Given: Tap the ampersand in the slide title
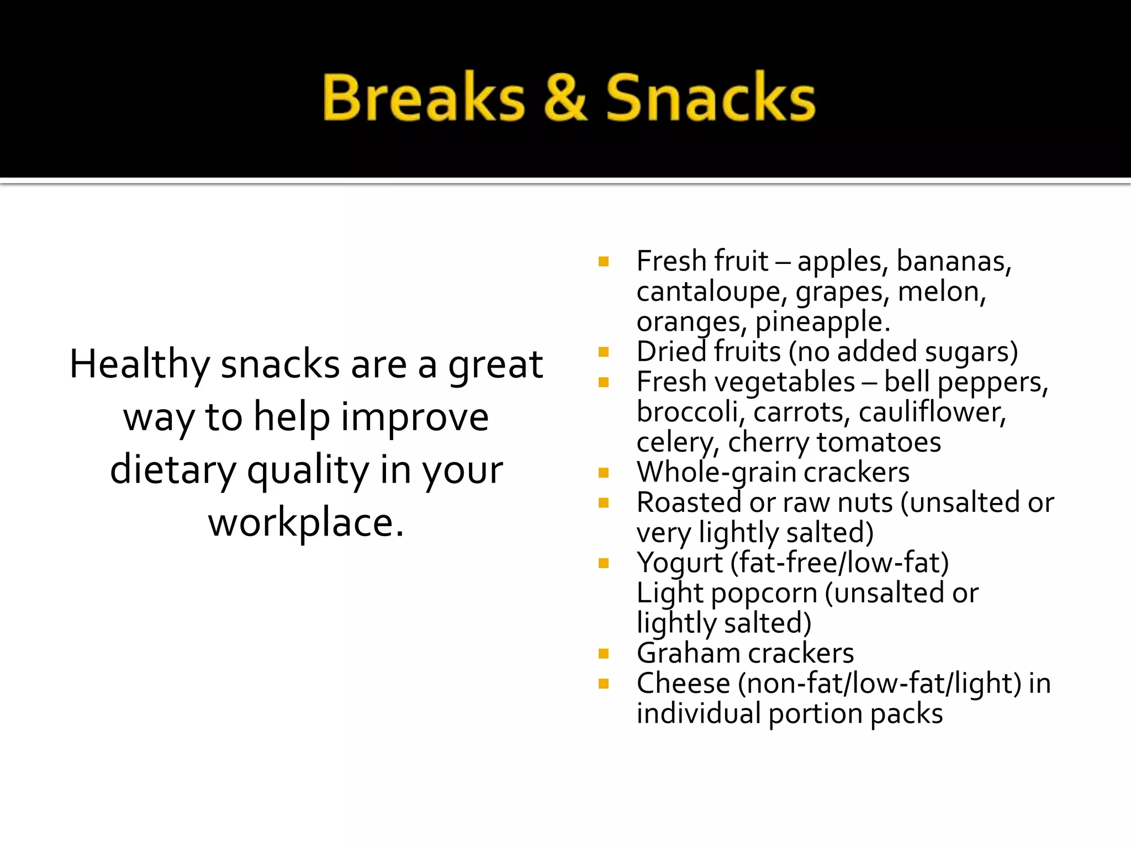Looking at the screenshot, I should [x=564, y=98].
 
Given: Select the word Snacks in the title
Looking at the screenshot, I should [x=710, y=98].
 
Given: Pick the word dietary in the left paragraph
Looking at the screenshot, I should [x=172, y=470].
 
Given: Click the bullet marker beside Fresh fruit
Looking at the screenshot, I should [x=603, y=262].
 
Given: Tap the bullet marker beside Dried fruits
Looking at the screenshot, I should [x=603, y=352].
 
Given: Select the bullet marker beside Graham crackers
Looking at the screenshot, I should [x=603, y=654].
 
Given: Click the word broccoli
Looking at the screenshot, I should [x=687, y=412].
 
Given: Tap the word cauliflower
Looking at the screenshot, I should [x=932, y=412].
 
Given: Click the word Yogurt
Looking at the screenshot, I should [x=679, y=564].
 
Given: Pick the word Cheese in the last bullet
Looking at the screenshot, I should [x=683, y=684].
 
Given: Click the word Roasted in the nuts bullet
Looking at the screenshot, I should [x=689, y=503].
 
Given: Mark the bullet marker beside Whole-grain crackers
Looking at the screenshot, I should [x=603, y=473].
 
